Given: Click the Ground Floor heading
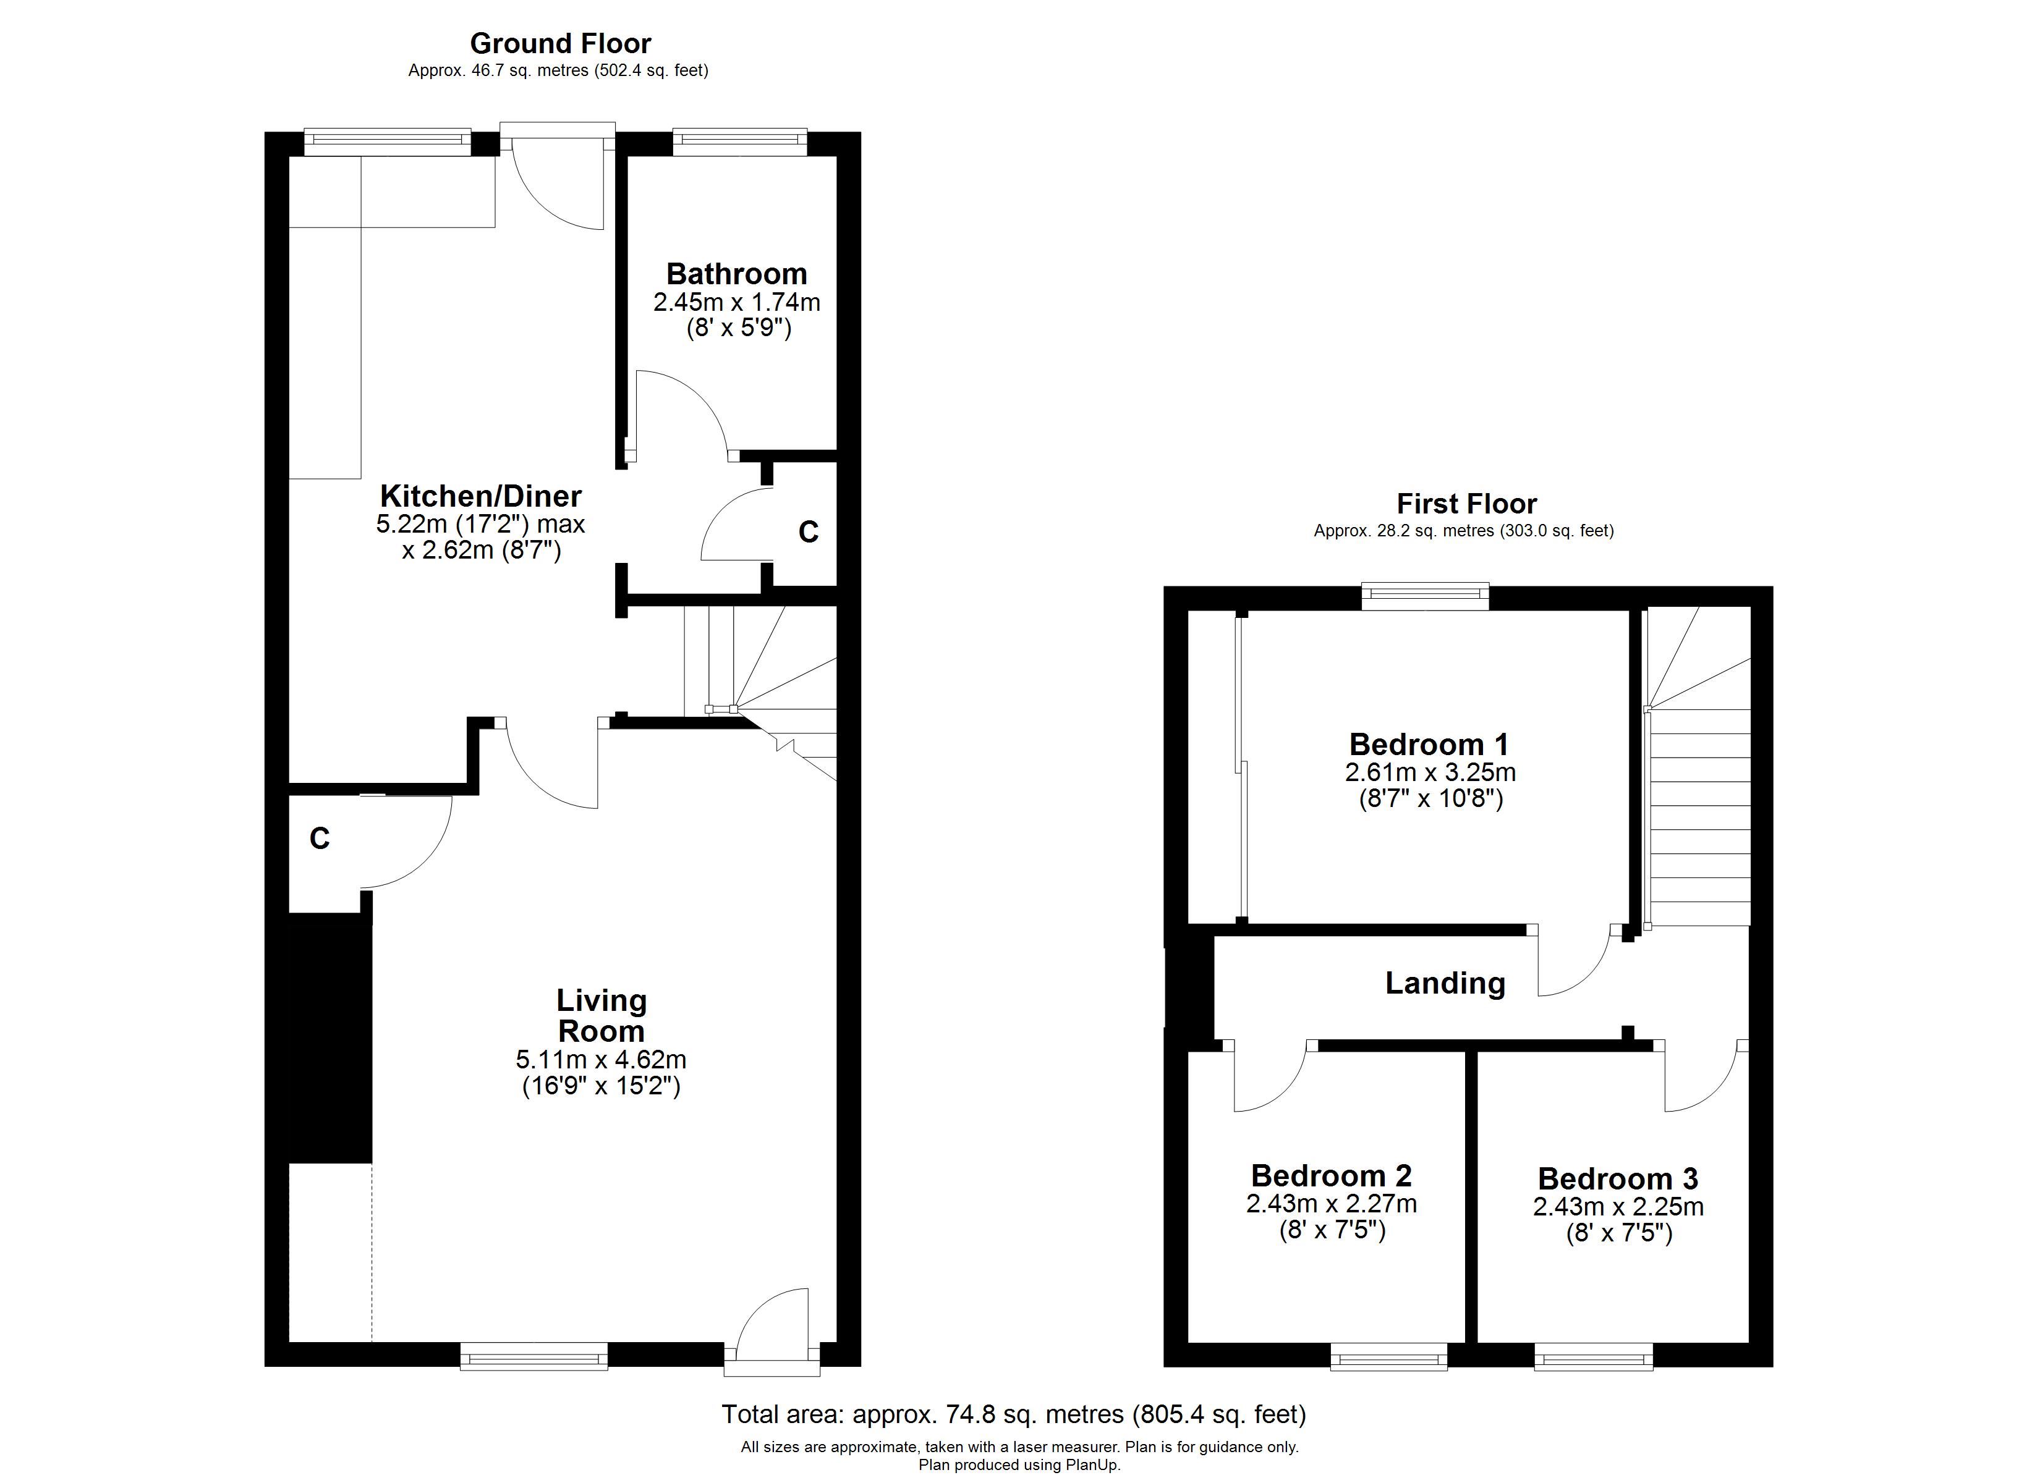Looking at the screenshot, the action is pos(559,43).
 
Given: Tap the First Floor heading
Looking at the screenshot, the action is pos(1466,503).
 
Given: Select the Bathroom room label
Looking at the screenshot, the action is pos(737,273).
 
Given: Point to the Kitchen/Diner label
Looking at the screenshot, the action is pos(480,496).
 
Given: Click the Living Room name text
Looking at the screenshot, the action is pos(601,1015).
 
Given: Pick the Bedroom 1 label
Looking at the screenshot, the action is pos(1429,744).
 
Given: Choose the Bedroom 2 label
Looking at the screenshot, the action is pos(1331,1175).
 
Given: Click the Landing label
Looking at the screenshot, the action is pos(1445,984).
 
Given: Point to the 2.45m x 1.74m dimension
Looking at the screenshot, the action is pos(737,302).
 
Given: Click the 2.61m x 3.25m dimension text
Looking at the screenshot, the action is pos(1430,772).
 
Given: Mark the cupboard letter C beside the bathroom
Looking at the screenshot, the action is pos(809,533).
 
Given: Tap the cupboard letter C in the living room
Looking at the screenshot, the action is pos(320,838).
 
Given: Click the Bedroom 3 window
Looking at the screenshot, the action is pos(1593,1356).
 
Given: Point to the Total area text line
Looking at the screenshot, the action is pos(1014,1414).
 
